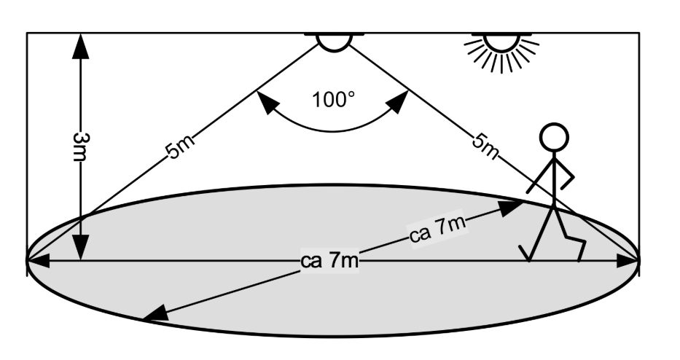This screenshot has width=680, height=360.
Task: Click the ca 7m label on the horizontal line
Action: [329, 261]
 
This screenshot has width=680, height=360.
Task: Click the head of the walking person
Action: [553, 136]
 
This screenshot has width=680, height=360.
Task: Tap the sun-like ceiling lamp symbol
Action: [501, 50]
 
